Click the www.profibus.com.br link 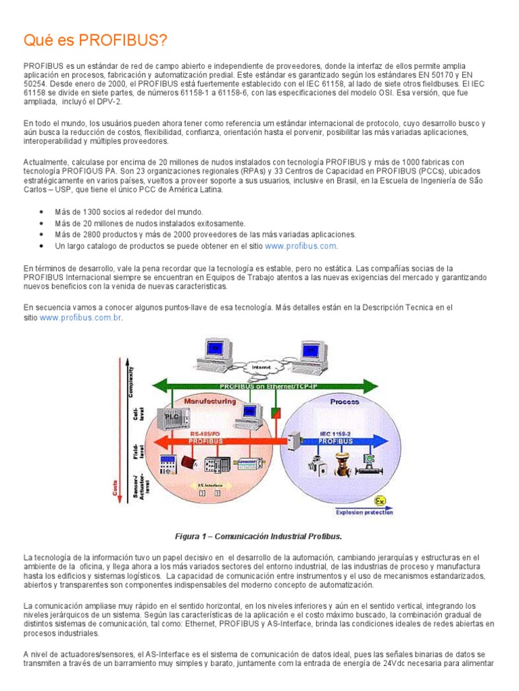[x=81, y=317]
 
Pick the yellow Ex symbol [x=380, y=501]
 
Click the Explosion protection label [x=363, y=513]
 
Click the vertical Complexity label [x=130, y=383]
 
